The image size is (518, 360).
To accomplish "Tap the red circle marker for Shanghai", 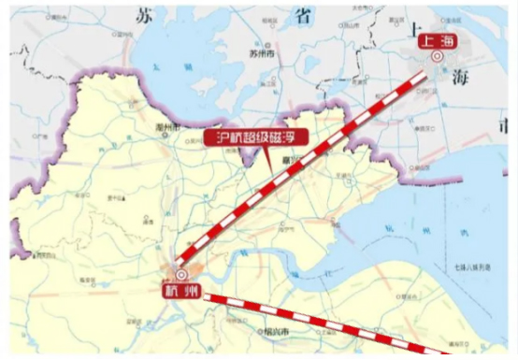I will tap(437, 57).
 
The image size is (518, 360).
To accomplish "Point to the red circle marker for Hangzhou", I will tap(180, 275).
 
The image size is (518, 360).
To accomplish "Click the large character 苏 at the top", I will tap(142, 13).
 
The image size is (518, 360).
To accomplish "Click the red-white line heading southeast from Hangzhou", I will tap(318, 318).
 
